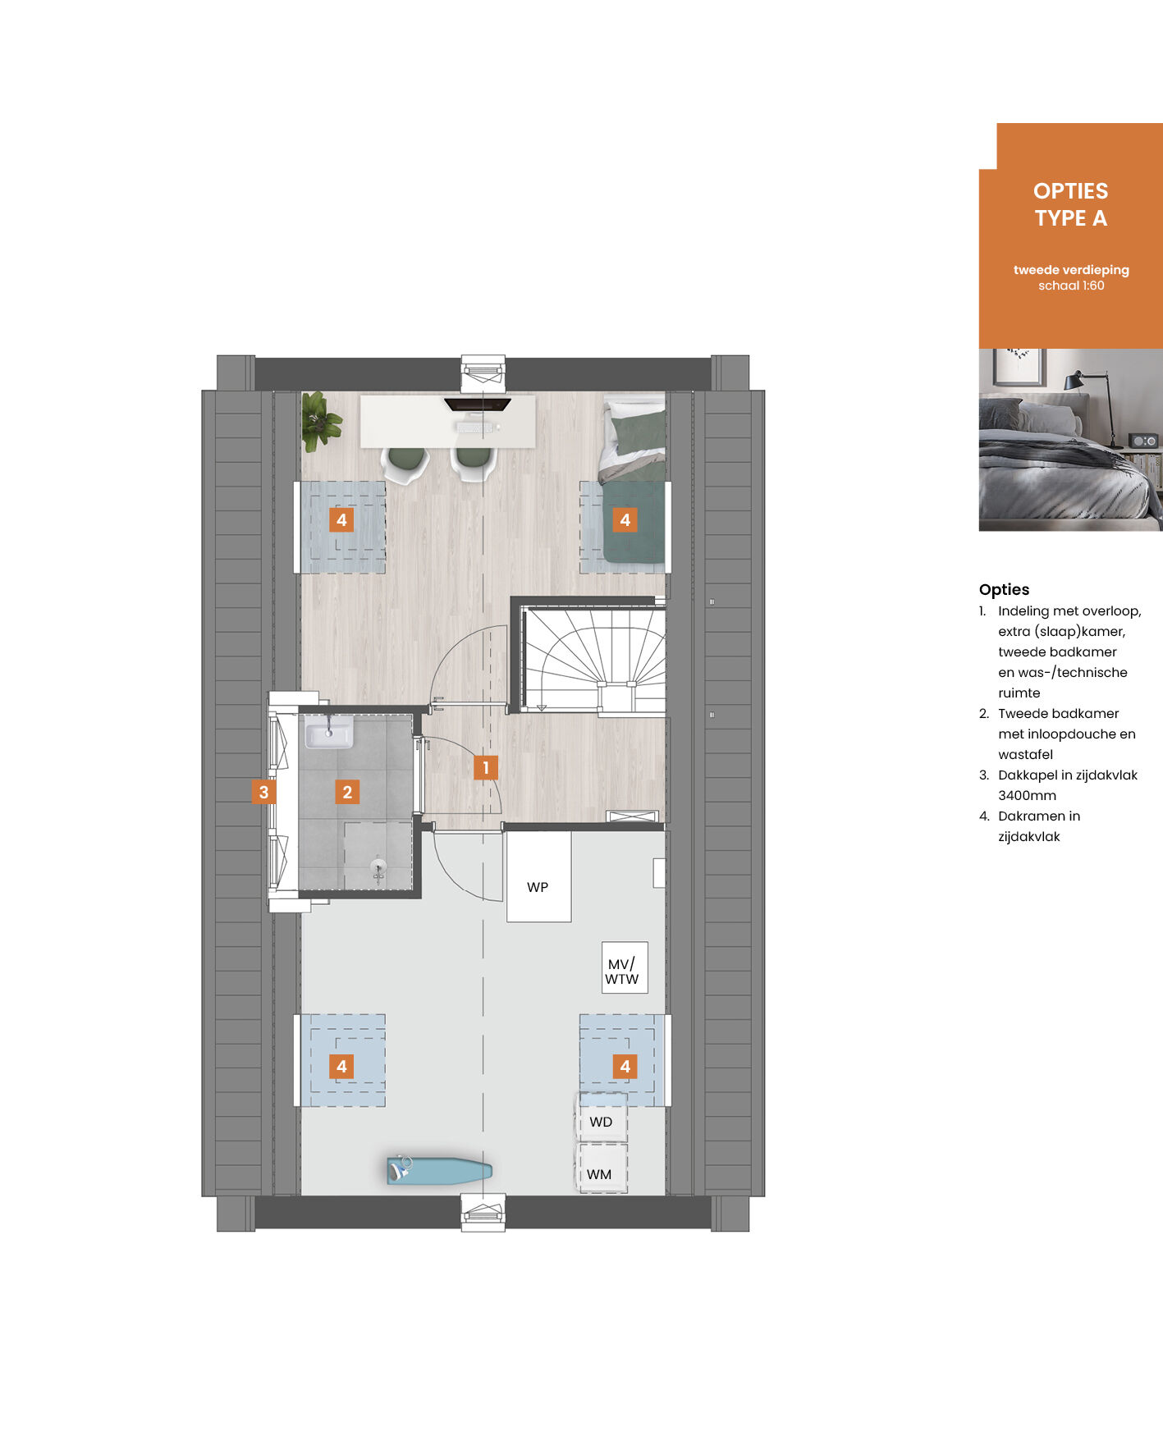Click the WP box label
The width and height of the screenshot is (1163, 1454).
538,887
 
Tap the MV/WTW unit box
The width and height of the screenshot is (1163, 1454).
625,967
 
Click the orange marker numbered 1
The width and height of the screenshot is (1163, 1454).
486,767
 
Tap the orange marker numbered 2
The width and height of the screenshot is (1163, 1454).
347,792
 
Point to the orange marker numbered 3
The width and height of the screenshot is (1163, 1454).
263,792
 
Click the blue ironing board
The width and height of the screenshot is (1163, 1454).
439,1169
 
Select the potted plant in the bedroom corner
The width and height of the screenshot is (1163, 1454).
320,421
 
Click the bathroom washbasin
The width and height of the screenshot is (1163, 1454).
329,731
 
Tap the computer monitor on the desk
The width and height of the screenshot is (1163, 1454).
478,404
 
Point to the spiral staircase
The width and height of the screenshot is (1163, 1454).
594,658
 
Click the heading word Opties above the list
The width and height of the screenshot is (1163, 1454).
1004,589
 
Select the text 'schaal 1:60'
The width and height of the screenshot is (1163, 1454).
1071,286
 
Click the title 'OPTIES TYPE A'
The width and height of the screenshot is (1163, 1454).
1071,204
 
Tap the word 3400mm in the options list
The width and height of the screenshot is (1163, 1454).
1027,795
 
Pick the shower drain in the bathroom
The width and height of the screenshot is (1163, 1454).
378,867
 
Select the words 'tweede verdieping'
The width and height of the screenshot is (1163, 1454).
1071,270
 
